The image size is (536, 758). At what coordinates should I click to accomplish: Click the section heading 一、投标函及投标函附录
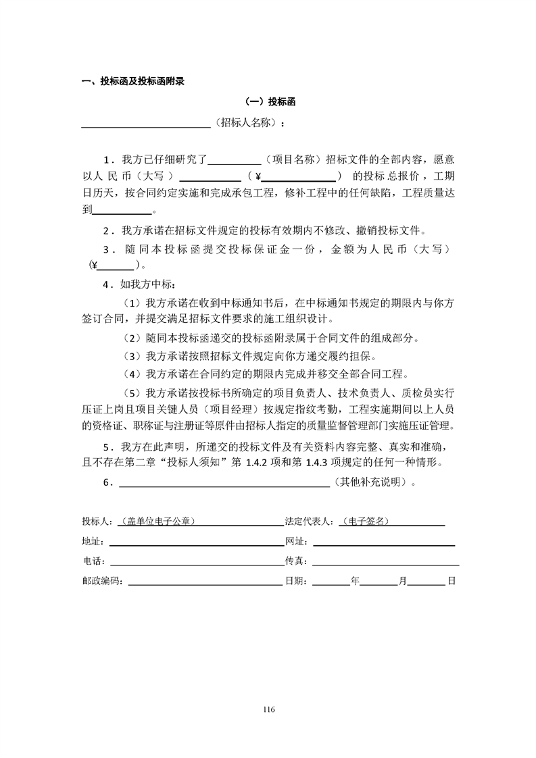point(133,82)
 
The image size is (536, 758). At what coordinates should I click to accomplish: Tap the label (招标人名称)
point(247,124)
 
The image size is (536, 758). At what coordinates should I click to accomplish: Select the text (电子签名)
point(366,522)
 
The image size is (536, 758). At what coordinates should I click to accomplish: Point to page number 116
point(268,709)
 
